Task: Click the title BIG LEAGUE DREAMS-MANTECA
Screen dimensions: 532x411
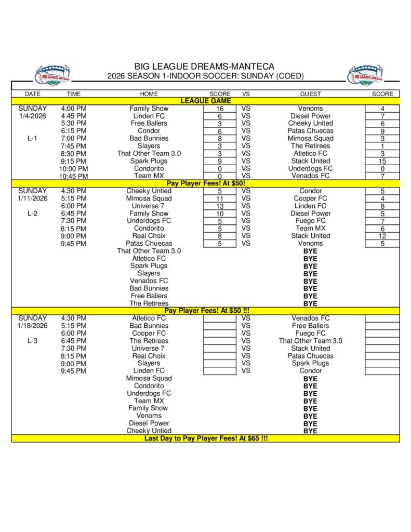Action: click(205, 66)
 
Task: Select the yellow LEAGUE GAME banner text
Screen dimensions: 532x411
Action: click(206, 101)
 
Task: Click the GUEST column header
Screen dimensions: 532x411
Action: click(310, 94)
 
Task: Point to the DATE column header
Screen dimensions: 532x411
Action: click(33, 94)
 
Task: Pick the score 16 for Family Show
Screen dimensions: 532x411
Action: click(220, 109)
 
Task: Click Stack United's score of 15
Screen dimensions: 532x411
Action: click(382, 161)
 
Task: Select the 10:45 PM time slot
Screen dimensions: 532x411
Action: click(74, 176)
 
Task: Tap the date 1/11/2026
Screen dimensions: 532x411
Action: click(33, 198)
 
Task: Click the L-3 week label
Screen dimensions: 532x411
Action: click(33, 341)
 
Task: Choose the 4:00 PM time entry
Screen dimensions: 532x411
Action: click(74, 109)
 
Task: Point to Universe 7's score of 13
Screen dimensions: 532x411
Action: click(220, 206)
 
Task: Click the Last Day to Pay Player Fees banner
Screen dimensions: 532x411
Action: click(206, 438)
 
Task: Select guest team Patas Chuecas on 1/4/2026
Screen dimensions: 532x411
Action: click(310, 131)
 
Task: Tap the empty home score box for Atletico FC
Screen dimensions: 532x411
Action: click(220, 318)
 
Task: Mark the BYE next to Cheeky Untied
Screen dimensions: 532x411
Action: click(310, 431)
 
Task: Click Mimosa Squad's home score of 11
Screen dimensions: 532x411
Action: click(220, 198)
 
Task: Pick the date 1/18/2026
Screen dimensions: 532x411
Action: click(33, 326)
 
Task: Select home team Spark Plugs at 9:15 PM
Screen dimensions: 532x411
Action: click(149, 161)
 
